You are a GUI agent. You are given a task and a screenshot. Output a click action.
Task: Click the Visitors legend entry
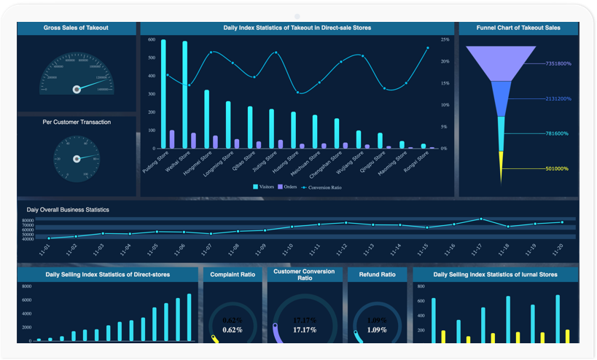click(x=265, y=187)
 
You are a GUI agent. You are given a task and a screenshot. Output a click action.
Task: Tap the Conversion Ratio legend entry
click(x=321, y=187)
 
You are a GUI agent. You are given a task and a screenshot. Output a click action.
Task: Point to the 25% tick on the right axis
click(x=445, y=39)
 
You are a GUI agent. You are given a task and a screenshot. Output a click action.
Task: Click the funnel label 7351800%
click(x=558, y=64)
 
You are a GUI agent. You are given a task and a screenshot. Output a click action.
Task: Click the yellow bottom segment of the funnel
click(x=501, y=167)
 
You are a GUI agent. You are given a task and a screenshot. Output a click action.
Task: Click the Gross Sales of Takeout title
click(x=76, y=28)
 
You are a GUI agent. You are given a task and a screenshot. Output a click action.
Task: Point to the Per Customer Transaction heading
click(x=77, y=122)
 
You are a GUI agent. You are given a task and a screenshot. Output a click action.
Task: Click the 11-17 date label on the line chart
click(x=476, y=249)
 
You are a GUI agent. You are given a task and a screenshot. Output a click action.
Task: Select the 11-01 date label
click(x=45, y=249)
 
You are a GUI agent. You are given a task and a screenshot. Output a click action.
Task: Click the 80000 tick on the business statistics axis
click(x=28, y=220)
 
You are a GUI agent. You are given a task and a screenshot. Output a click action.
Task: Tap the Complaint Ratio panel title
click(x=233, y=275)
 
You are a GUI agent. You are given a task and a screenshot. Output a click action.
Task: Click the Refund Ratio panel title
click(x=377, y=275)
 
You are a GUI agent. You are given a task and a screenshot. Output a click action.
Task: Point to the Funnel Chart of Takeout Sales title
click(x=518, y=28)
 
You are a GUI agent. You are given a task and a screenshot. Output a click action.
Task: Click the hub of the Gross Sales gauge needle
click(x=77, y=89)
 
